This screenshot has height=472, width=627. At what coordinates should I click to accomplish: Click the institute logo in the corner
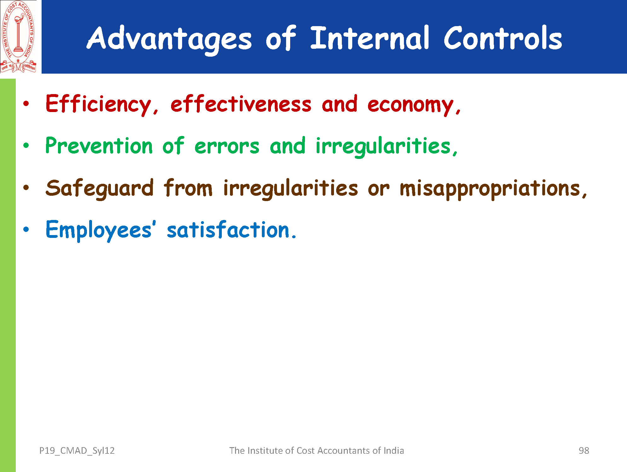tap(18, 37)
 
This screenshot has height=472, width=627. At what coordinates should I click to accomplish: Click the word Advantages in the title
tap(169, 40)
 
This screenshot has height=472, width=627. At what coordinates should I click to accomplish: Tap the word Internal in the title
tap(370, 38)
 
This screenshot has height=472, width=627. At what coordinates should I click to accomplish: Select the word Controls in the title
tap(503, 38)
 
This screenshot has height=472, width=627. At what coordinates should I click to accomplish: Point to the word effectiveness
tap(241, 104)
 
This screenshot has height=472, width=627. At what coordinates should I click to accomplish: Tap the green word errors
tap(227, 147)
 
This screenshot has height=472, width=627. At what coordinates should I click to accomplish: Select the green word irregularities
tap(386, 147)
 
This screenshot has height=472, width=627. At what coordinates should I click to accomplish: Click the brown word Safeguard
tap(100, 189)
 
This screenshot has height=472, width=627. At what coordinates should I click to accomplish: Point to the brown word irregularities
tap(290, 189)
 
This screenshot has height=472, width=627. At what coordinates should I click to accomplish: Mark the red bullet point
tap(26, 104)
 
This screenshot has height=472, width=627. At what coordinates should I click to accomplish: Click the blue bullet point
tap(26, 229)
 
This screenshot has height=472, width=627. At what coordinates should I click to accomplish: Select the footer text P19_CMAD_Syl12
tap(77, 451)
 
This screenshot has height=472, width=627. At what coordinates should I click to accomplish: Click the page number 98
tap(584, 451)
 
